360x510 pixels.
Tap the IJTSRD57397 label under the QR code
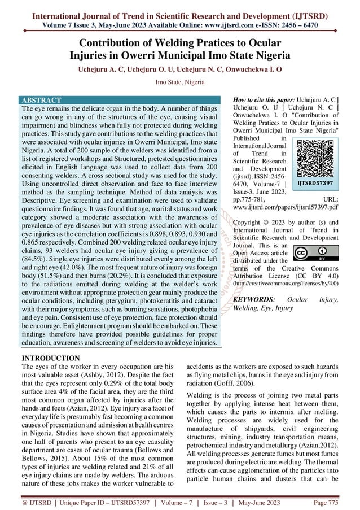pyautogui.click(x=314, y=184)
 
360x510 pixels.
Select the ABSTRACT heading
pyautogui.click(x=41, y=100)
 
